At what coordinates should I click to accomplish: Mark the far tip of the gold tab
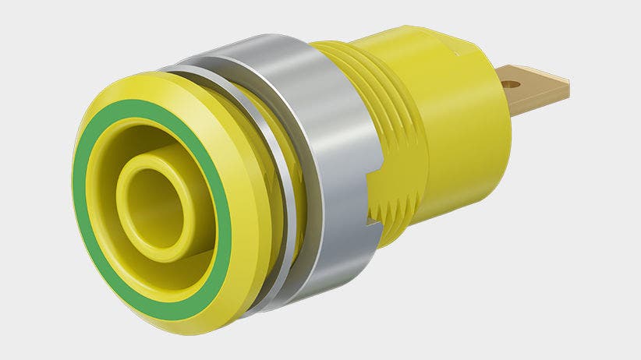coord(568,87)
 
